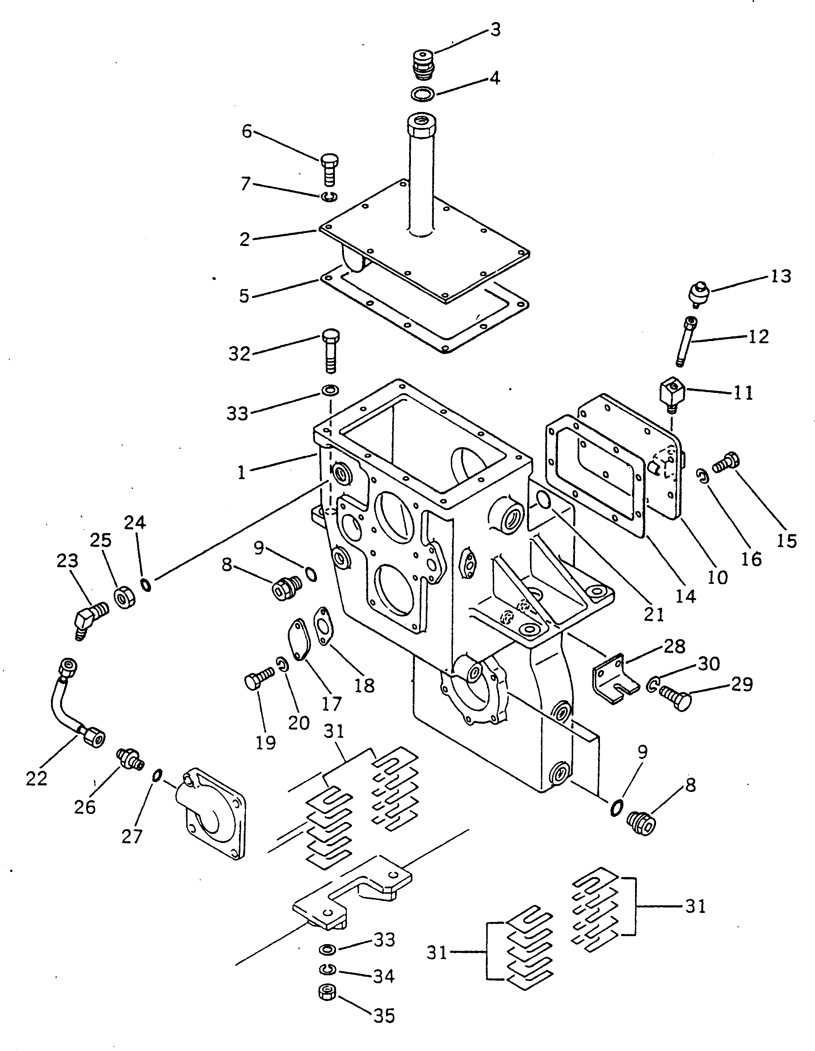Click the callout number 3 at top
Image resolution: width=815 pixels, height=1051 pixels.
coord(495,30)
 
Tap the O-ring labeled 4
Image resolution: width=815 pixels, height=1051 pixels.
coord(423,94)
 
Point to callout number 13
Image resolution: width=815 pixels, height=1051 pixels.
coord(780,277)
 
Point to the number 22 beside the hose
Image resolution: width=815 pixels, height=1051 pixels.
coord(37,778)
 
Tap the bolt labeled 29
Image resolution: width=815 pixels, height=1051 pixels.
coord(676,700)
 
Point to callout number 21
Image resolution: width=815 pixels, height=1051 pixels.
coord(654,615)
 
